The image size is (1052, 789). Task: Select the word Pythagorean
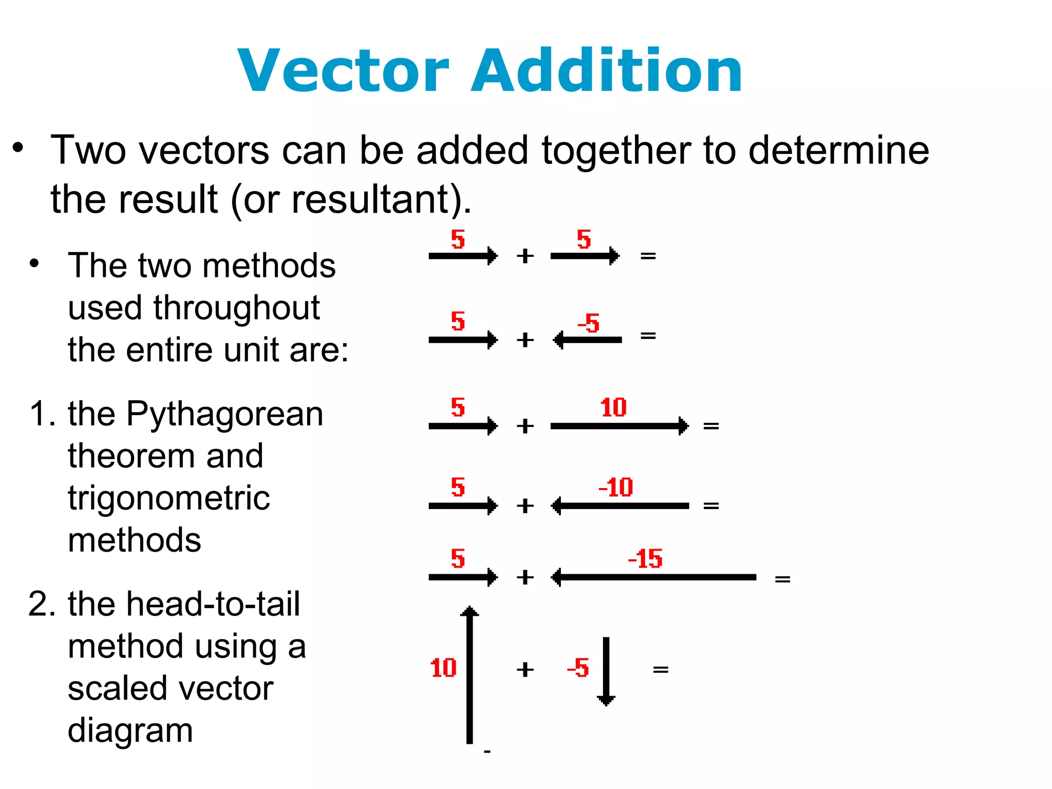tap(224, 414)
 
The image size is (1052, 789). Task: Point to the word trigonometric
tap(168, 498)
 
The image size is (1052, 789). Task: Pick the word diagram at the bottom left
tap(130, 730)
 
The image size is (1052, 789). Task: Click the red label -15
tap(645, 559)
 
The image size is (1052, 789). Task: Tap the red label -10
tap(616, 487)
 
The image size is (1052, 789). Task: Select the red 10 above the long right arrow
tap(613, 407)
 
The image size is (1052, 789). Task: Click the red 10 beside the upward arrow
tap(443, 668)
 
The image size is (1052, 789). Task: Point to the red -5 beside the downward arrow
tap(578, 668)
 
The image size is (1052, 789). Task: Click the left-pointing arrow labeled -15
tap(653, 577)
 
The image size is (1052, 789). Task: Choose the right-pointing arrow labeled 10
tap(619, 426)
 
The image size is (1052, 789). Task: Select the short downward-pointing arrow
tap(606, 670)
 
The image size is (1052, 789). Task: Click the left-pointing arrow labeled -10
tap(619, 506)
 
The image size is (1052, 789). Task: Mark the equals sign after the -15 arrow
tap(782, 579)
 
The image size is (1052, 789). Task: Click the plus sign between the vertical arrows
tap(525, 669)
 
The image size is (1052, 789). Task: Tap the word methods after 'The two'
tap(269, 266)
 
